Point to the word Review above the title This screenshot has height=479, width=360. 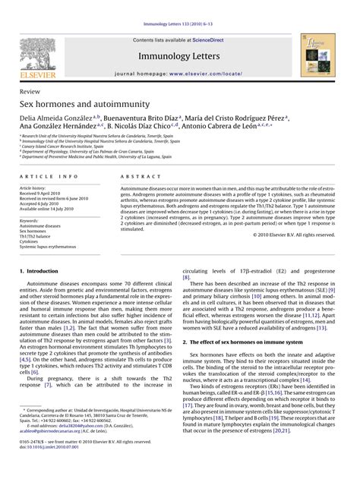30,90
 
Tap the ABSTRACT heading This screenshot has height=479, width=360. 136,175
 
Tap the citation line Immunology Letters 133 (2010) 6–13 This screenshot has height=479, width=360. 179,7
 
